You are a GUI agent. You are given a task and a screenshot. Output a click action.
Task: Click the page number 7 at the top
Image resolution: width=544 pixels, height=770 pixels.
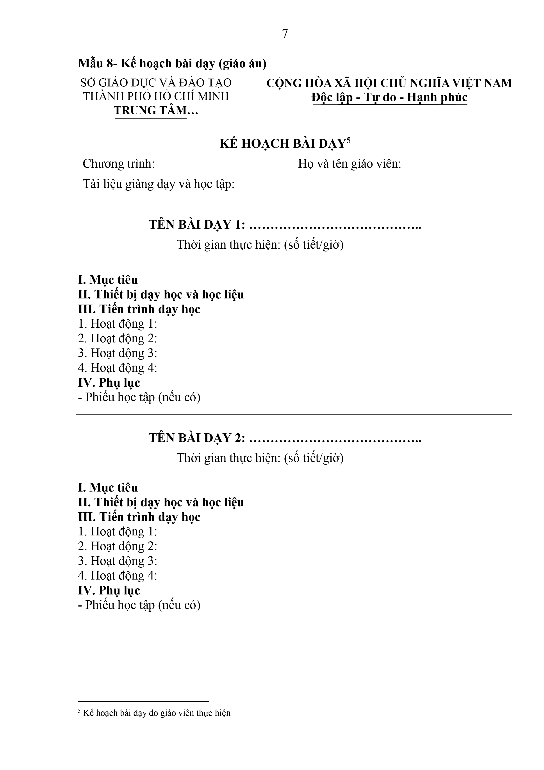point(285,34)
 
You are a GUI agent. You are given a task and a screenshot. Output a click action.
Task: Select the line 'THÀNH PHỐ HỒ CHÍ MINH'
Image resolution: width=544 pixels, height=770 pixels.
point(156,96)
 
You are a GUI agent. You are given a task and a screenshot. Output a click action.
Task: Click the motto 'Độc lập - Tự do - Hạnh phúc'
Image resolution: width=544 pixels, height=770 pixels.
point(389,97)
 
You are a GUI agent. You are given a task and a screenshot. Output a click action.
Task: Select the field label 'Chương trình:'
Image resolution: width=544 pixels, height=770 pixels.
point(119,164)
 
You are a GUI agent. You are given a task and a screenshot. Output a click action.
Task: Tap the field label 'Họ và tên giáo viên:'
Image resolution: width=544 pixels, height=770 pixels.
point(350,164)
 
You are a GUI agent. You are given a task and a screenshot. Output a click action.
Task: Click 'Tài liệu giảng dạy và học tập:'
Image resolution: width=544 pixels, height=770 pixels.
point(159,184)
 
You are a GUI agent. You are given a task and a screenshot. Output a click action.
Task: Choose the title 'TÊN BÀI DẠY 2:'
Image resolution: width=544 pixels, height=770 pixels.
point(197,438)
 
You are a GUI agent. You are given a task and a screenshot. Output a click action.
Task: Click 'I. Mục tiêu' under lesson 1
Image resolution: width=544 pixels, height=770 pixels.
point(108,280)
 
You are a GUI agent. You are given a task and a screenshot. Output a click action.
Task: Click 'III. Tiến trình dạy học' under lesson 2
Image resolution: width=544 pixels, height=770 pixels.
point(139,517)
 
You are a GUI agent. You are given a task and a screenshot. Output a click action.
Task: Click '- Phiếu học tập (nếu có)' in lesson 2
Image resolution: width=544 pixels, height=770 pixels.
point(139,605)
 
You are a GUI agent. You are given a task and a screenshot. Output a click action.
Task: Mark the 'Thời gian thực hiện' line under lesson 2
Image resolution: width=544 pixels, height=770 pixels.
point(260,458)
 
